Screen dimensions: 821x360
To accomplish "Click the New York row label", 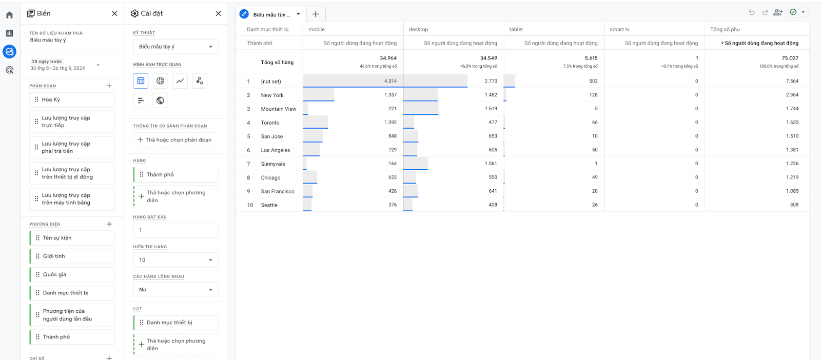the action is pyautogui.click(x=272, y=95).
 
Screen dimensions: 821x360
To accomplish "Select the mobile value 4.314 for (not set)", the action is pyautogui.click(x=390, y=81).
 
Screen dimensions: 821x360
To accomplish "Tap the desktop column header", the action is pyautogui.click(x=418, y=29).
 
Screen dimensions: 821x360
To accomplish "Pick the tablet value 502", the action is pyautogui.click(x=593, y=81).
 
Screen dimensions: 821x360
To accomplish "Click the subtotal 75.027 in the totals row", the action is pyautogui.click(x=790, y=58).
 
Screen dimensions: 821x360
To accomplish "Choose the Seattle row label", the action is pyautogui.click(x=269, y=205).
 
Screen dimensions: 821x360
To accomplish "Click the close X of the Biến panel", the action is pyautogui.click(x=114, y=13).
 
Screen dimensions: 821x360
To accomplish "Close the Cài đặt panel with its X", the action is pyautogui.click(x=218, y=13).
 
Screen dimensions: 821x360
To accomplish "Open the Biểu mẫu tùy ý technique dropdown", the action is pyautogui.click(x=175, y=47).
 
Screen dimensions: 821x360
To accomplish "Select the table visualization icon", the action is pyautogui.click(x=141, y=81).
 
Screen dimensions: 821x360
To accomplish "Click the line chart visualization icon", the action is pyautogui.click(x=180, y=81).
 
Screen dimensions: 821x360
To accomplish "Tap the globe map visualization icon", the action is pyautogui.click(x=160, y=101).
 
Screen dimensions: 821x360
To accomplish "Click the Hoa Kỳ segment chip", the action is pyautogui.click(x=72, y=99).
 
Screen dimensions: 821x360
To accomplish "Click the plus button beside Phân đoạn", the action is pyautogui.click(x=109, y=86).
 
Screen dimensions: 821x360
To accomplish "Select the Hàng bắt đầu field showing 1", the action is pyautogui.click(x=175, y=230).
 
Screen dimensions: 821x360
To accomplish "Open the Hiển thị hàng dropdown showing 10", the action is pyautogui.click(x=175, y=259).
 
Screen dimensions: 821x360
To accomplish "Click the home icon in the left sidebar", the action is pyautogui.click(x=10, y=15).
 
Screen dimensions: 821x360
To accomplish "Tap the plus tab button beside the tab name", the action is pyautogui.click(x=316, y=14).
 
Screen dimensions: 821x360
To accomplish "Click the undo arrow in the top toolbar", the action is pyautogui.click(x=751, y=12).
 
